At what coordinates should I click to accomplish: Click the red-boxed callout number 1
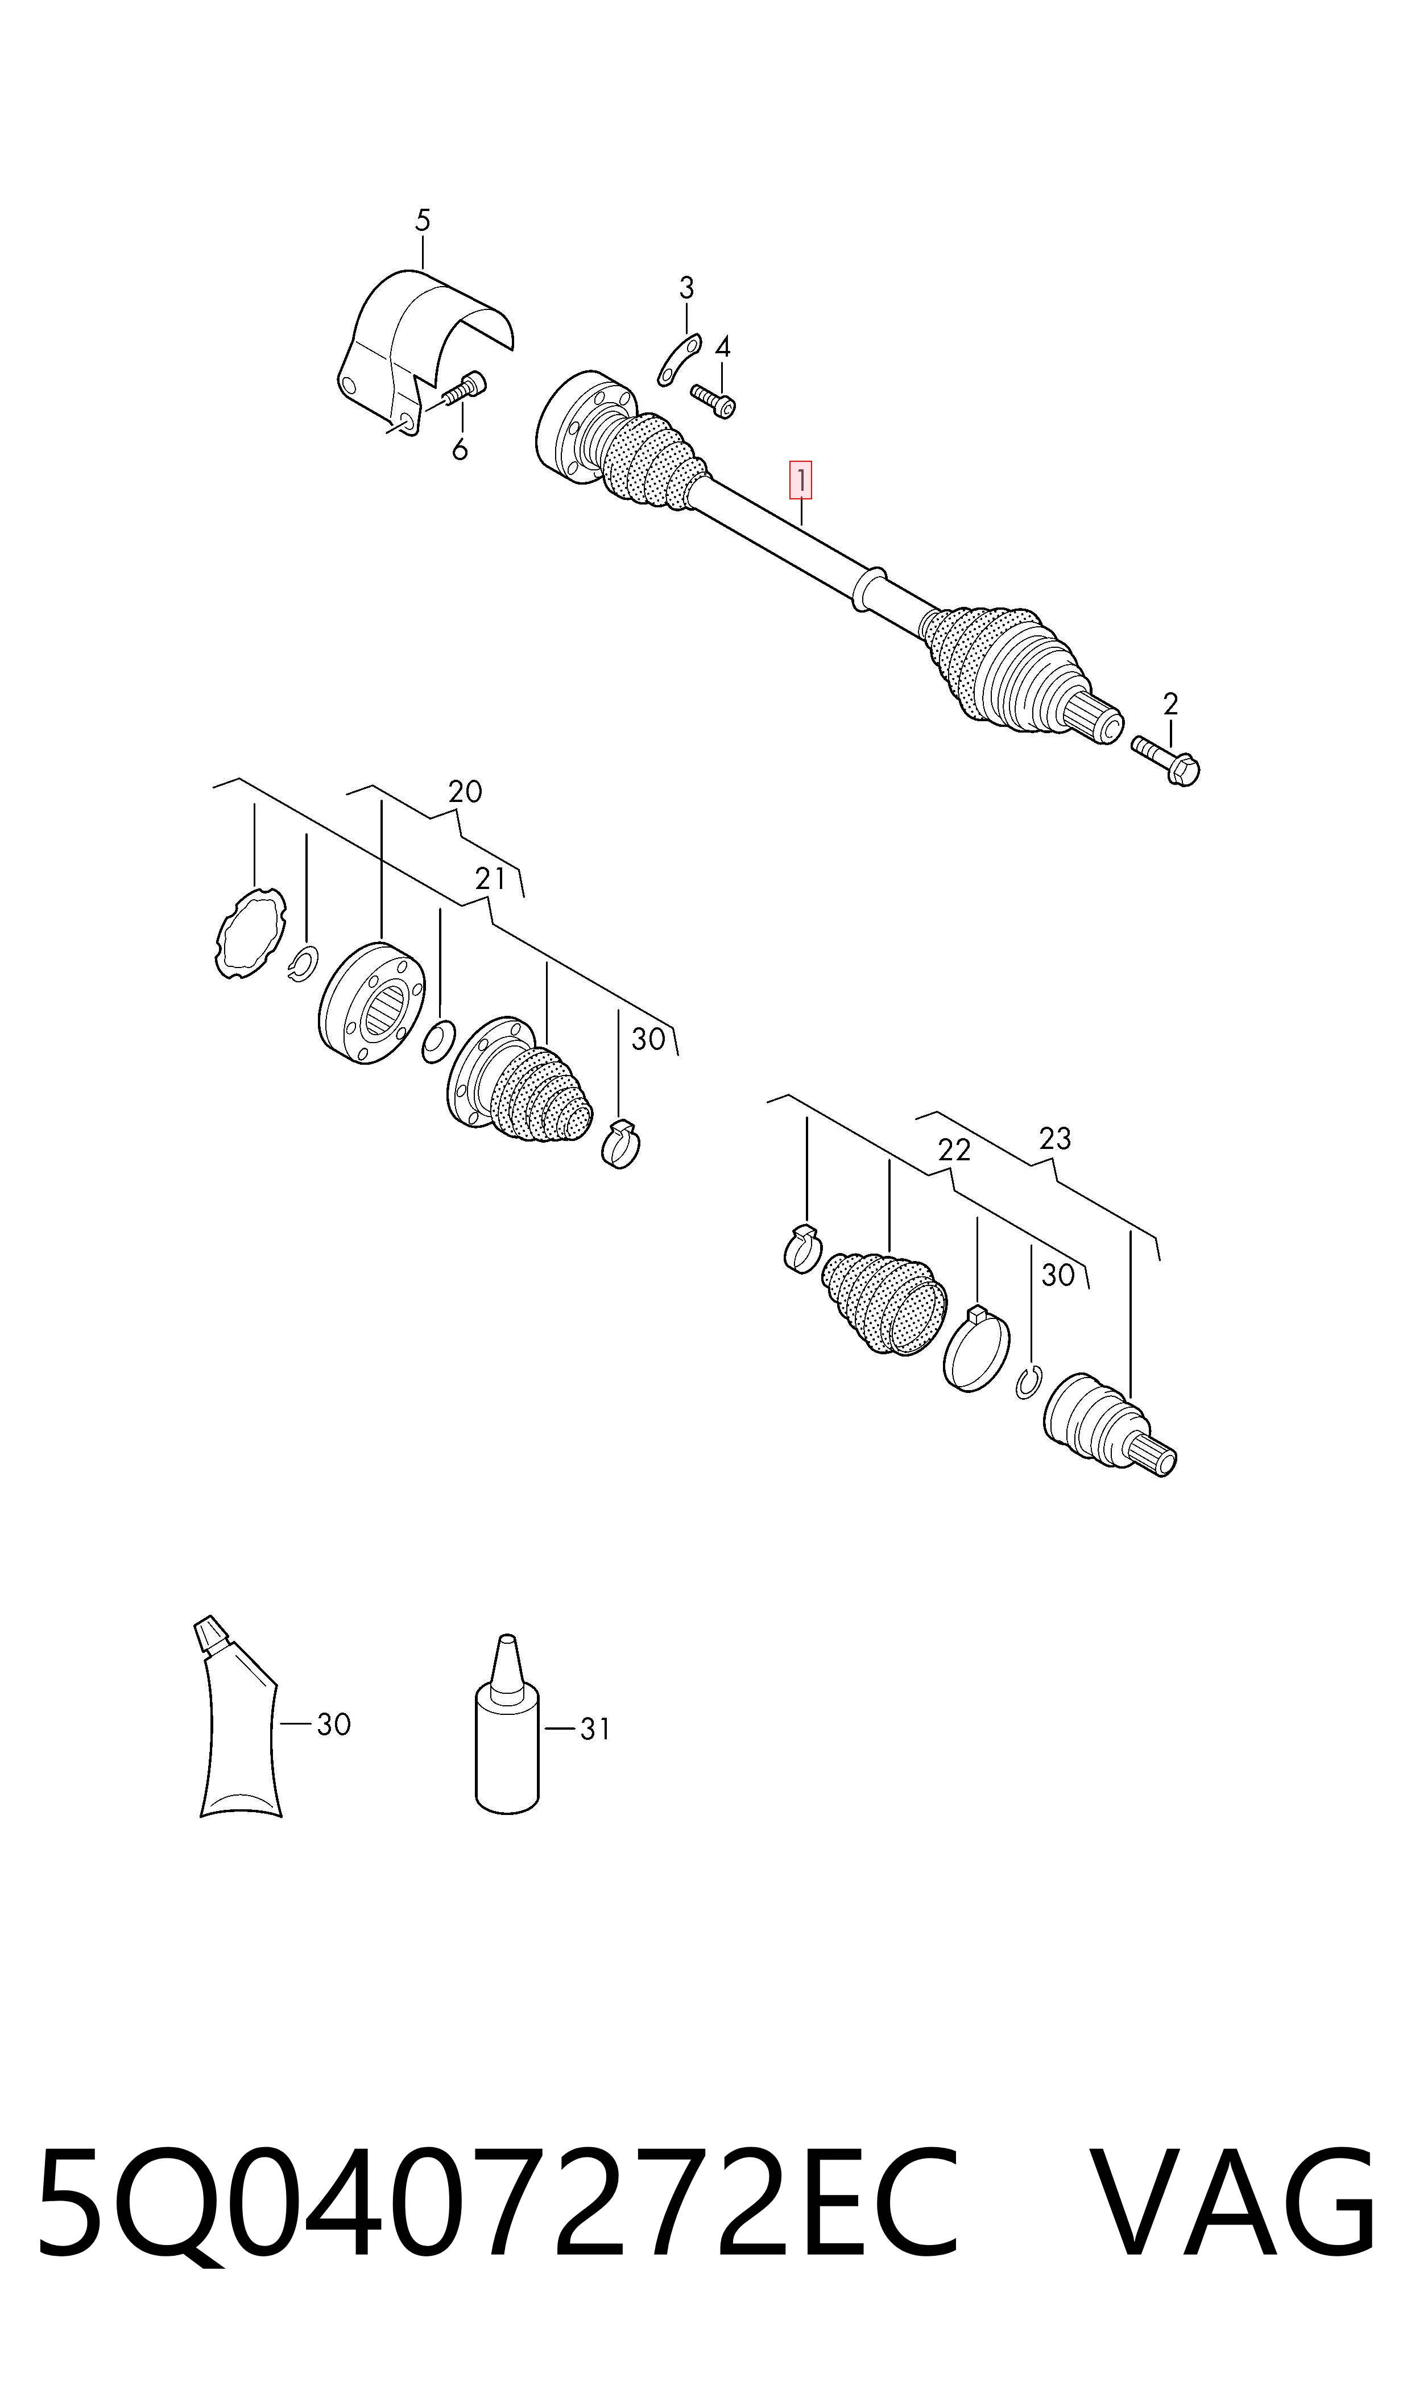click(x=801, y=481)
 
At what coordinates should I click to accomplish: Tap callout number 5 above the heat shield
click(x=423, y=221)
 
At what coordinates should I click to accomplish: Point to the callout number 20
click(x=465, y=791)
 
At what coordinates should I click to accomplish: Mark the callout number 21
click(x=491, y=879)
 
